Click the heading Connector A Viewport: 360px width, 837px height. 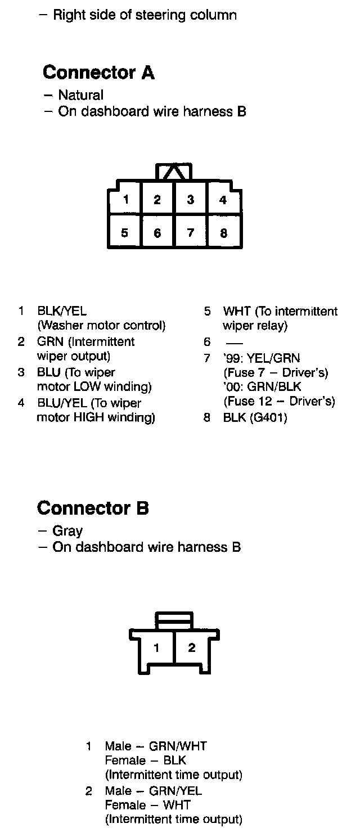(98, 73)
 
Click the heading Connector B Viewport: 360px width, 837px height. (93, 508)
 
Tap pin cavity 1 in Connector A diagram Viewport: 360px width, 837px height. (127, 199)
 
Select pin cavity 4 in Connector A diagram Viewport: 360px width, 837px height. (223, 199)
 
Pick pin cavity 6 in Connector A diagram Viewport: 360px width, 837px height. (157, 232)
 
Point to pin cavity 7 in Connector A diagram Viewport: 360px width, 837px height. (191, 232)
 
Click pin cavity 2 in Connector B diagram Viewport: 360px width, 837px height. (192, 647)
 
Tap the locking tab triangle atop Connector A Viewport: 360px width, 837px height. (174, 172)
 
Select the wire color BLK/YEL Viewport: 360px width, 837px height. (62, 311)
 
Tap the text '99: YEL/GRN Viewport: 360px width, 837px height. (262, 358)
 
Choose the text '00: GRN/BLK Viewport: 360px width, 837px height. (262, 388)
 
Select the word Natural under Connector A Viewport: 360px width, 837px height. (80, 96)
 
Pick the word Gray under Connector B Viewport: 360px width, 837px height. (67, 531)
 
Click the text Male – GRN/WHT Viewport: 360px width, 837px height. (156, 746)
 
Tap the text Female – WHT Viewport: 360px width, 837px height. (147, 805)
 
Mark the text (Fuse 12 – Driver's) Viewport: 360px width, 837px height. (279, 402)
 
